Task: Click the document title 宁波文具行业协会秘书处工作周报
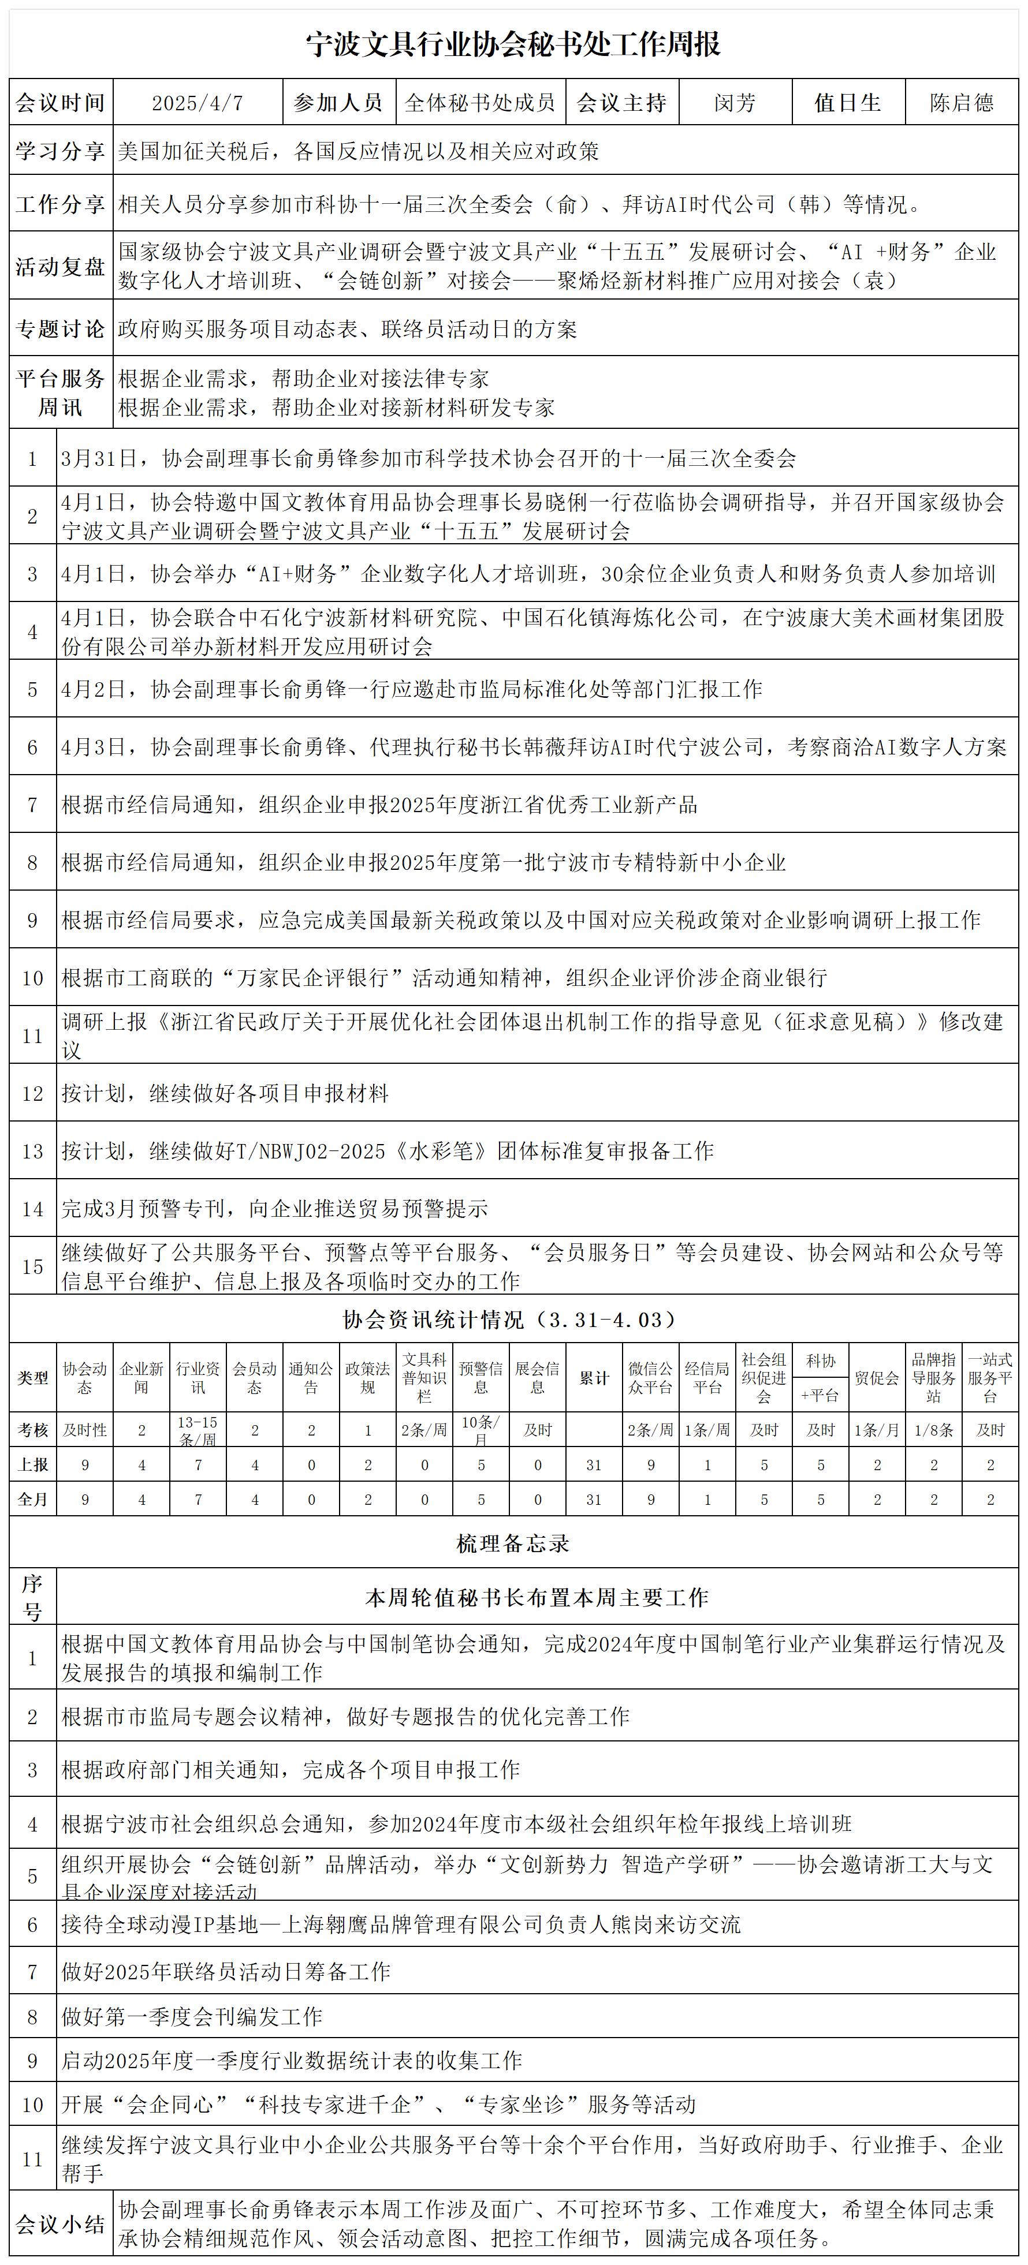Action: pos(513,44)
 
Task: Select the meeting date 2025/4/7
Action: pos(198,103)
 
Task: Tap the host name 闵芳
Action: pos(734,103)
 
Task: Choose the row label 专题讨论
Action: pos(61,329)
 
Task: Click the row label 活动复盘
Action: pos(61,267)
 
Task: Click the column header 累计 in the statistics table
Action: pos(594,1378)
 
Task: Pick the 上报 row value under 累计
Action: pos(594,1465)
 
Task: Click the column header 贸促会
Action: pos(877,1378)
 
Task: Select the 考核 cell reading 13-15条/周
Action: pos(198,1430)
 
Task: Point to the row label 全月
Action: pos(32,1499)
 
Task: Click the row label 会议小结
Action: pos(61,2225)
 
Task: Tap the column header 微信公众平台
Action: pos(651,1378)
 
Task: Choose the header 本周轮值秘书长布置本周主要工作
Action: pos(537,1598)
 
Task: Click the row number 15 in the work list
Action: pos(32,1266)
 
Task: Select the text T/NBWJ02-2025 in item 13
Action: pos(311,1151)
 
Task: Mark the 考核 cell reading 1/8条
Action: pos(934,1430)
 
